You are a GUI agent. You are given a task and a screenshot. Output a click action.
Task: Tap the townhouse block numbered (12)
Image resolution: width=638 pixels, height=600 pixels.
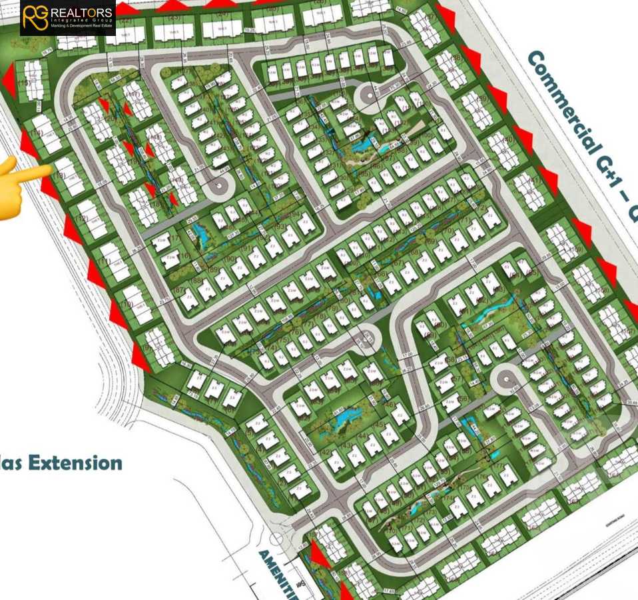pos(91,219)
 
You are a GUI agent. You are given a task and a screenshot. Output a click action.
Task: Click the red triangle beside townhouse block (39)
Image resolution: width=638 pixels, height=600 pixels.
pos(497,98)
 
